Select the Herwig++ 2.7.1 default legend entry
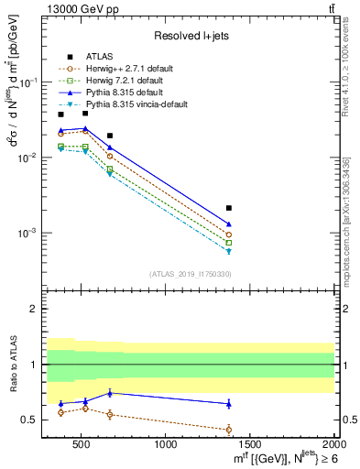tap(125, 67)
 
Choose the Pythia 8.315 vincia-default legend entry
tap(133, 104)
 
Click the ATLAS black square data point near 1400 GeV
tap(229, 208)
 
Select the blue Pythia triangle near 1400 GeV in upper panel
tap(229, 224)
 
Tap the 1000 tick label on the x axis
tap(166, 445)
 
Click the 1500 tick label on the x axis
tap(250, 445)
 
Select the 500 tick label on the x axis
tap(82, 445)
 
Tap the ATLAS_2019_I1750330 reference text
tap(190, 274)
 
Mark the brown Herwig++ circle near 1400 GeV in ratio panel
tap(229, 429)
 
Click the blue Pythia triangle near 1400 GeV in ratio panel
tap(229, 403)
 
